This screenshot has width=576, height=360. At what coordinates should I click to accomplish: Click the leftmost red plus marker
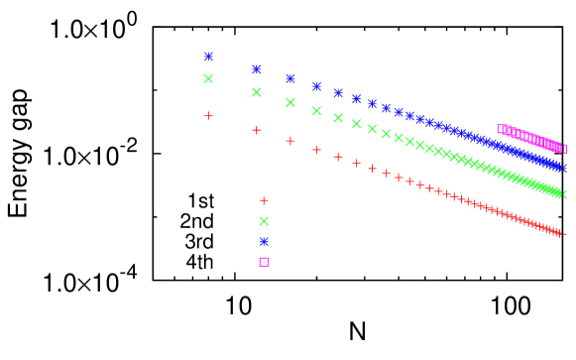tap(208, 116)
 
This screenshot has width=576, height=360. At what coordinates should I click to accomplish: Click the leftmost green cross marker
tap(208, 78)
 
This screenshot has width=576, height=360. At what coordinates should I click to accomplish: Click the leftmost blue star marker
tap(208, 57)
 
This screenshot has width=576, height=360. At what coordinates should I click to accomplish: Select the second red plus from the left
tap(256, 130)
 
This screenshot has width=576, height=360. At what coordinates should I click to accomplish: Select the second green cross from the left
tap(256, 92)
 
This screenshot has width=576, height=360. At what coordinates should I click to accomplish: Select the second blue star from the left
tap(256, 69)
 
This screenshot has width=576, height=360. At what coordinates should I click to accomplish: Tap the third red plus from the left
tap(289, 141)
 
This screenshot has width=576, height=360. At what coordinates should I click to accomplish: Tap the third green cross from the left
tap(289, 103)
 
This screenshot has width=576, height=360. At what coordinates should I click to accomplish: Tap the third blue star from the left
tap(289, 78)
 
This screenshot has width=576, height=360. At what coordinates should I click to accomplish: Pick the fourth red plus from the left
tap(316, 150)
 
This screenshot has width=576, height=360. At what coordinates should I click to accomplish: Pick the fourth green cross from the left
tap(316, 111)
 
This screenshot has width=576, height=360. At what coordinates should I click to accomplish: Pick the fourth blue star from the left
tap(316, 86)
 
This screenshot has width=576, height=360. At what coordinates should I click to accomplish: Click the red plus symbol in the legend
tap(264, 200)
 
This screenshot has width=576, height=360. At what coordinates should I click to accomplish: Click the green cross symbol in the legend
tap(264, 221)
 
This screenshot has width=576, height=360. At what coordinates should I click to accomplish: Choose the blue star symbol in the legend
tap(264, 242)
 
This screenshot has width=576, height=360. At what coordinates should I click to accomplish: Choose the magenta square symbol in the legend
tap(264, 262)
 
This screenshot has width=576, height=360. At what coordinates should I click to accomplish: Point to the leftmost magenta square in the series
tap(501, 129)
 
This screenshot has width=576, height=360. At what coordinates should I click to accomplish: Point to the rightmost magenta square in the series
tap(564, 149)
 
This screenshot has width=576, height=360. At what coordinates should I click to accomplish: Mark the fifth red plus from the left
tap(338, 157)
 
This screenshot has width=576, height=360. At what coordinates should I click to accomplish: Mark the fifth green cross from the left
tap(338, 118)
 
